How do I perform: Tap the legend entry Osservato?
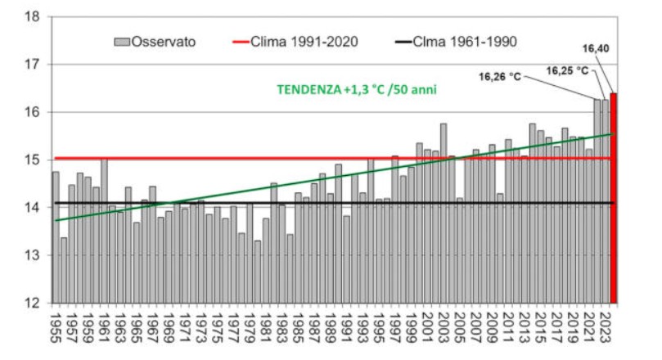pyautogui.click(x=155, y=41)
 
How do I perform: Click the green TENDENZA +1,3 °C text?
pyautogui.click(x=357, y=89)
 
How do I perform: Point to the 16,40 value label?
pyautogui.click(x=597, y=48)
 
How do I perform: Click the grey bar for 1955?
pyautogui.click(x=56, y=237)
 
